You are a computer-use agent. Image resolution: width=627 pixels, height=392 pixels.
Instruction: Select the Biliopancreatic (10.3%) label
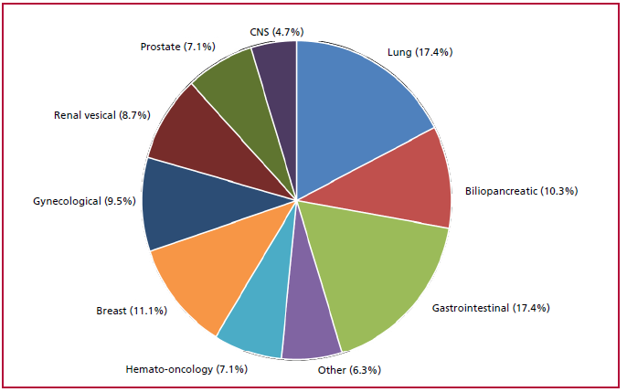pos(521,191)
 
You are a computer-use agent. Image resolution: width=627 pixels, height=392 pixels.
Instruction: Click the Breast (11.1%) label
pos(131,312)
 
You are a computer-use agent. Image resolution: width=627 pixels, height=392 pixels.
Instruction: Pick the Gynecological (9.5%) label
pos(80,198)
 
